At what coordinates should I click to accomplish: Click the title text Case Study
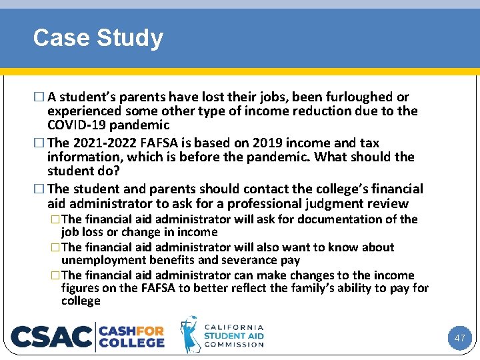(x=98, y=38)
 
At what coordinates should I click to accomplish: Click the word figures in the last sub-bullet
(x=79, y=288)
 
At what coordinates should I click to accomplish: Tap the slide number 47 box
(x=459, y=338)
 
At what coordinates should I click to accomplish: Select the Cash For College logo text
(x=132, y=337)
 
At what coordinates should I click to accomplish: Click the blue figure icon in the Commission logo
(x=190, y=334)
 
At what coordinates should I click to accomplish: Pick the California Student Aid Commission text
(x=233, y=336)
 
